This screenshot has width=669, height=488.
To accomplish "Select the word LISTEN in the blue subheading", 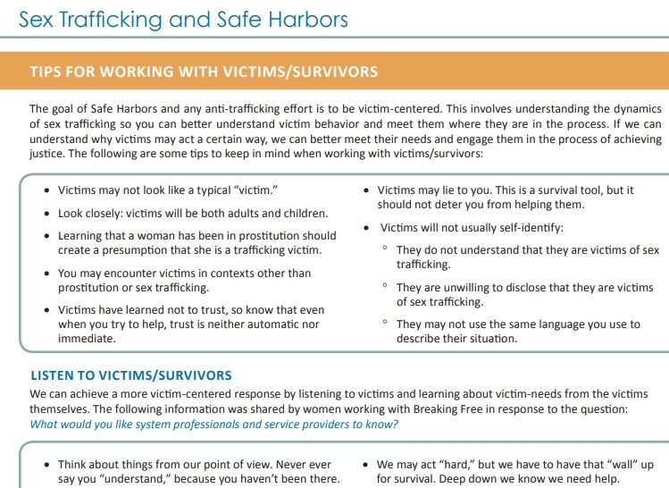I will coord(54,375).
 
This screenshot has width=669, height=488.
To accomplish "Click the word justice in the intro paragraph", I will coord(46,153).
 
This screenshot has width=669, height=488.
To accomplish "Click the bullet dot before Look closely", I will coord(46,214).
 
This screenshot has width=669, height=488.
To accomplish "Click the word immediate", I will coord(86,339).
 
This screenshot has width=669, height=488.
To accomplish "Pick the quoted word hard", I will coord(434,465).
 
